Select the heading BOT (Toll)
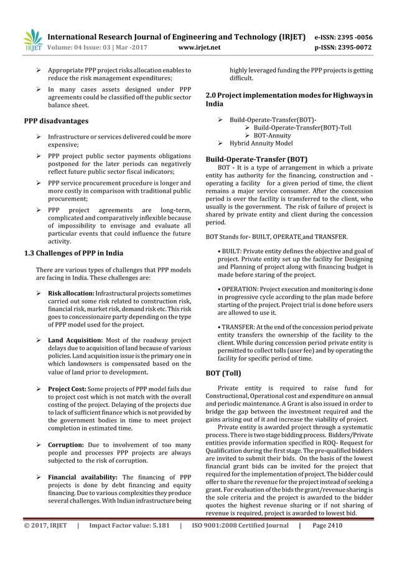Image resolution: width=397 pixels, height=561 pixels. tap(227, 356)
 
